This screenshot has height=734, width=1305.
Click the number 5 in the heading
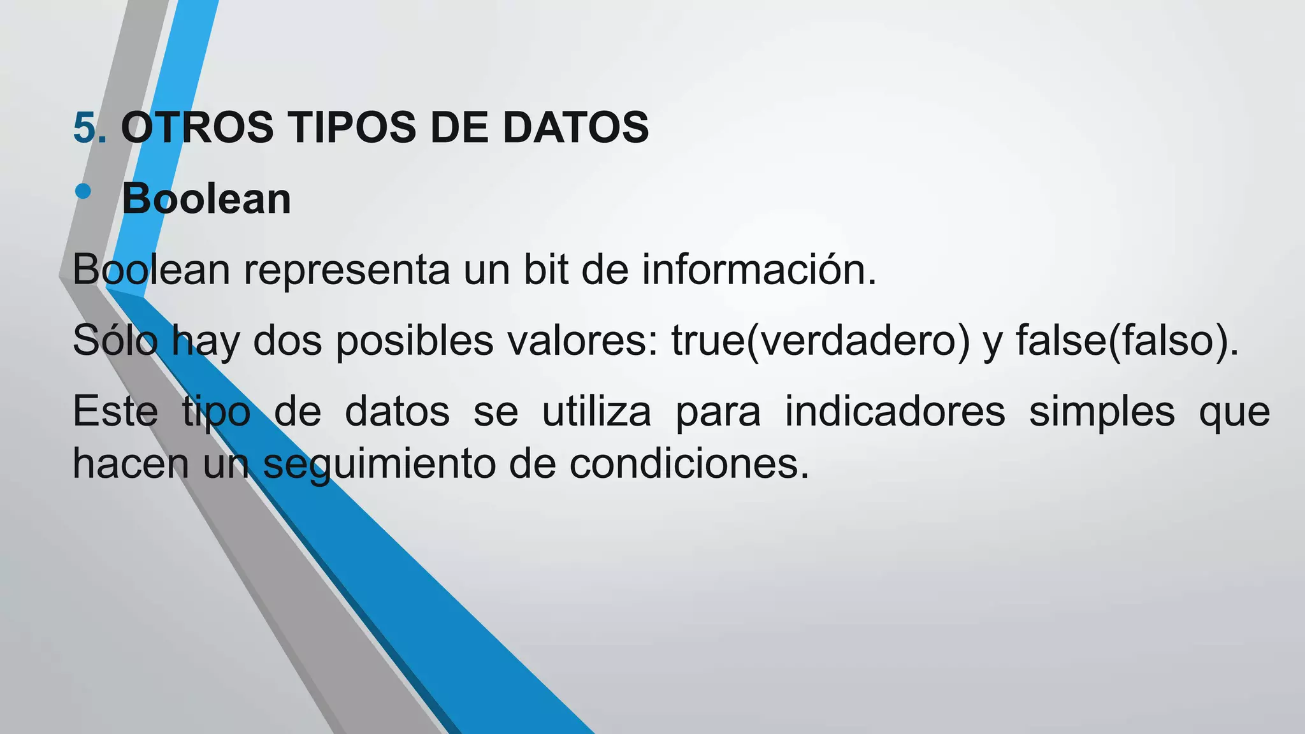coord(85,127)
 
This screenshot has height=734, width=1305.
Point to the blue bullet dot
coord(83,191)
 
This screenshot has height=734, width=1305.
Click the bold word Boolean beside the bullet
coord(206,199)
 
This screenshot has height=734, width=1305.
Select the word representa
coord(347,270)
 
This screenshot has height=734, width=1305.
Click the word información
coord(759,270)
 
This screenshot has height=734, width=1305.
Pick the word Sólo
coord(115,340)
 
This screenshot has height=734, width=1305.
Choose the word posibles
coord(414,340)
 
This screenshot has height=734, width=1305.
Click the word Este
coord(115,412)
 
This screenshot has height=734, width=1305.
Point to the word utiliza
coord(596,412)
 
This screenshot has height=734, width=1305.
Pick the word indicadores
coord(895,412)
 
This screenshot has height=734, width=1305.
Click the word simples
coord(1102,412)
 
